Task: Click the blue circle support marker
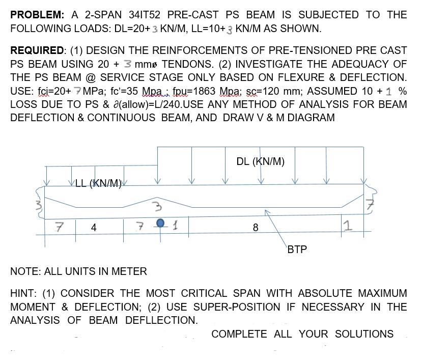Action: tap(161, 223)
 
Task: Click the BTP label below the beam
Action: tap(297, 250)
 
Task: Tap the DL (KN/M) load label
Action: tap(260, 161)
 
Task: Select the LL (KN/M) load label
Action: tap(98, 183)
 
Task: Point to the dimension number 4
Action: tap(94, 228)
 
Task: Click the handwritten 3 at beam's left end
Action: tap(37, 206)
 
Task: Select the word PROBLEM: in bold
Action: tap(37, 15)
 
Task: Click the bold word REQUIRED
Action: tap(37, 50)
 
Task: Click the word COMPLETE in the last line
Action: tap(239, 334)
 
